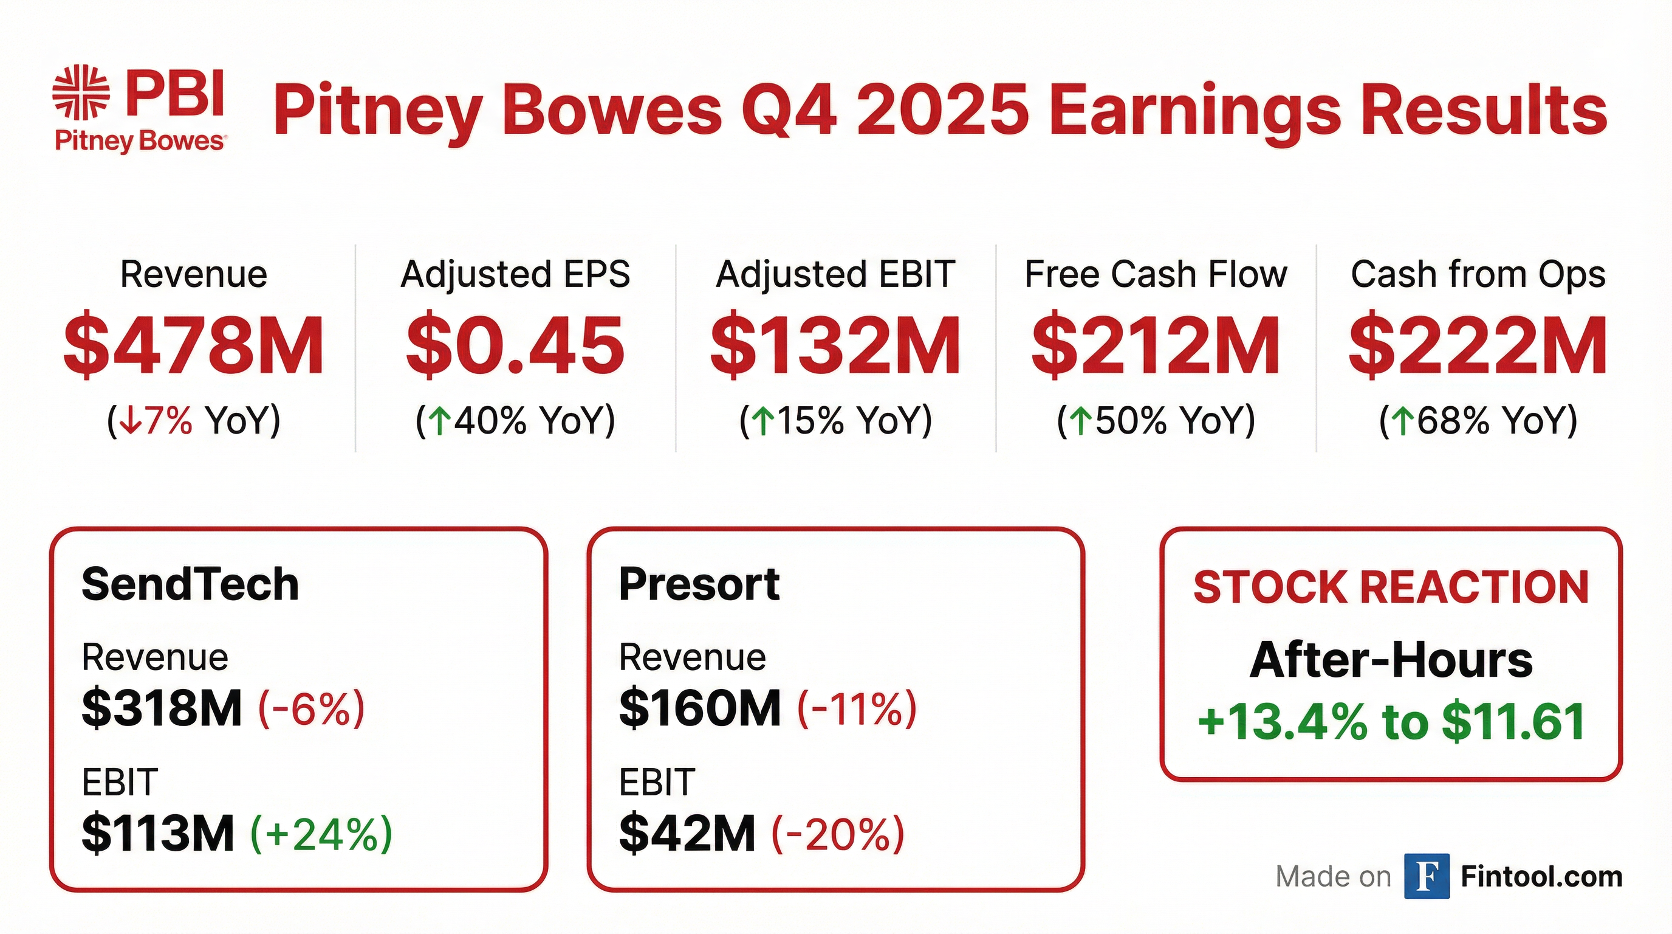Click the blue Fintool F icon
pyautogui.click(x=1426, y=876)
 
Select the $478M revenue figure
pyautogui.click(x=194, y=346)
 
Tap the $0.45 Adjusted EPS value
pyautogui.click(x=515, y=346)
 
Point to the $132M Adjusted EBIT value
pyautogui.click(x=835, y=346)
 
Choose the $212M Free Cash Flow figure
pyautogui.click(x=1156, y=346)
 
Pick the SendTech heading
pyautogui.click(x=190, y=584)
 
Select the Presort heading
pyautogui.click(x=699, y=584)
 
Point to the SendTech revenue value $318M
pyautogui.click(x=162, y=708)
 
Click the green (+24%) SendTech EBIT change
pyautogui.click(x=321, y=834)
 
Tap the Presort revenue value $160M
pyautogui.click(x=700, y=708)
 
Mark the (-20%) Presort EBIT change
pyautogui.click(x=837, y=834)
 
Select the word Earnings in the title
pyautogui.click(x=1194, y=111)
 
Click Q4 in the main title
pyautogui.click(x=789, y=111)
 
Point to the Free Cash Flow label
pyautogui.click(x=1156, y=274)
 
